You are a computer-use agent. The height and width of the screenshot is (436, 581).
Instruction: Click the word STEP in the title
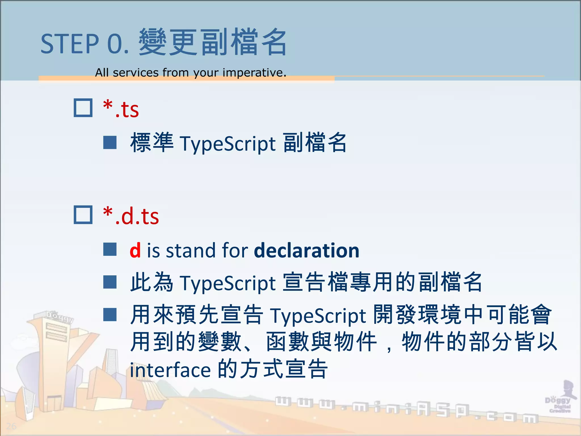pyautogui.click(x=70, y=44)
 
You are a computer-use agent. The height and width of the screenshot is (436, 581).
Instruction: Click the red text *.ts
pyautogui.click(x=121, y=109)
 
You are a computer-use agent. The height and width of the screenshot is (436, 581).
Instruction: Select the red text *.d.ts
pyautogui.click(x=131, y=216)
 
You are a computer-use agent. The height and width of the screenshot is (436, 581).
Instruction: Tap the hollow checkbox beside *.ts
pyautogui.click(x=83, y=108)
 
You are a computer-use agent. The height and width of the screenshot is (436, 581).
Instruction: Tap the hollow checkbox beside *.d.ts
pyautogui.click(x=83, y=215)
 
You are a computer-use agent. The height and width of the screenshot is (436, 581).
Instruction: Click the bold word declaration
pyautogui.click(x=306, y=251)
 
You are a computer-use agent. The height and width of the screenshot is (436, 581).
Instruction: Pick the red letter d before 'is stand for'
pyautogui.click(x=135, y=251)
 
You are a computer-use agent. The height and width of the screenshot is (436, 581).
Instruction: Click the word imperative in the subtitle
pyautogui.click(x=254, y=73)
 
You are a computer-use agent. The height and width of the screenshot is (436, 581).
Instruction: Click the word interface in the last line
pyautogui.click(x=170, y=370)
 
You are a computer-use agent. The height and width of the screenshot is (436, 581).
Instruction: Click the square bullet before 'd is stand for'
pyautogui.click(x=110, y=250)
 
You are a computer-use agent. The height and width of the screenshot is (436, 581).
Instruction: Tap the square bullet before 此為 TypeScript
pyautogui.click(x=110, y=282)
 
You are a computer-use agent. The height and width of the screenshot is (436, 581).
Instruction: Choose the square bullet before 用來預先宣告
pyautogui.click(x=110, y=315)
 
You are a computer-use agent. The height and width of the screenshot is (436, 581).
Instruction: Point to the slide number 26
pyautogui.click(x=11, y=426)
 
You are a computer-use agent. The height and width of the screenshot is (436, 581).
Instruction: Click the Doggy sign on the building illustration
pyautogui.click(x=60, y=316)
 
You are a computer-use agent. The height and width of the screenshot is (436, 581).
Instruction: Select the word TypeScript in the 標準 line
pyautogui.click(x=228, y=144)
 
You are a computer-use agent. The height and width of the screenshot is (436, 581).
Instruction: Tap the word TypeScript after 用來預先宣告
pyautogui.click(x=318, y=316)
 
